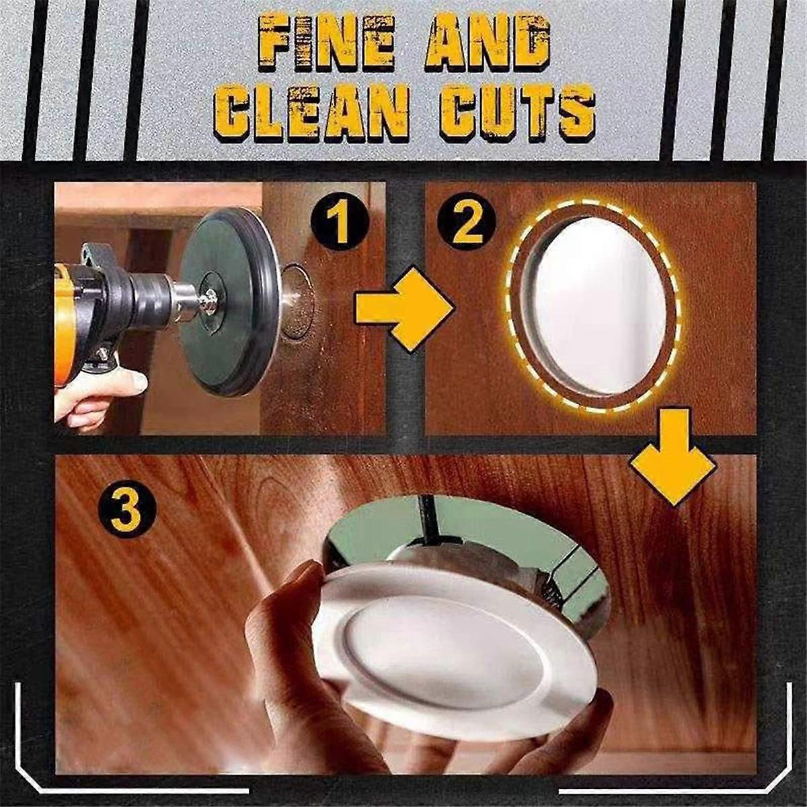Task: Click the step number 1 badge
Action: (x=340, y=228)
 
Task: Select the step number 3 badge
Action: (x=127, y=512)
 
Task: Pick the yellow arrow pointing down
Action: (x=672, y=457)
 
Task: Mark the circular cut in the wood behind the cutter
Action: (x=297, y=302)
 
